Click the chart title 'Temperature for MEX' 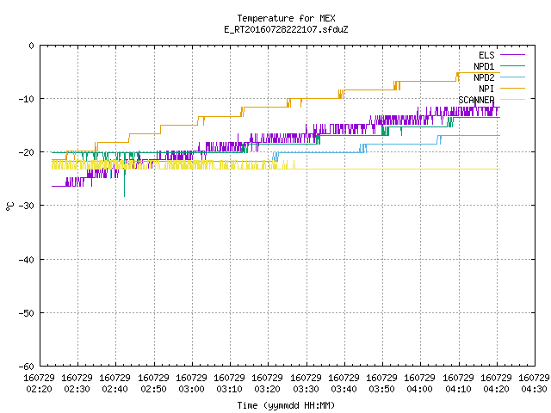pyautogui.click(x=286, y=18)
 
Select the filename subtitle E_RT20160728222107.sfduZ pyautogui.click(x=286, y=29)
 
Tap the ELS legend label pyautogui.click(x=486, y=55)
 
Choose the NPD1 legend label pyautogui.click(x=484, y=66)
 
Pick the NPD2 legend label pyautogui.click(x=484, y=77)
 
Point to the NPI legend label pyautogui.click(x=486, y=89)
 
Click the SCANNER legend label pyautogui.click(x=476, y=100)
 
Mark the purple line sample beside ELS pyautogui.click(x=512, y=55)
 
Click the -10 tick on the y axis pyautogui.click(x=27, y=99)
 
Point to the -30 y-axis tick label pyautogui.click(x=27, y=206)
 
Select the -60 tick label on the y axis pyautogui.click(x=27, y=367)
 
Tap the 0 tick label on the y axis pyautogui.click(x=32, y=46)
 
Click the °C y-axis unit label pyautogui.click(x=9, y=206)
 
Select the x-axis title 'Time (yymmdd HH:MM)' pyautogui.click(x=286, y=405)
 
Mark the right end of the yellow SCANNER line pyautogui.click(x=499, y=170)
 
